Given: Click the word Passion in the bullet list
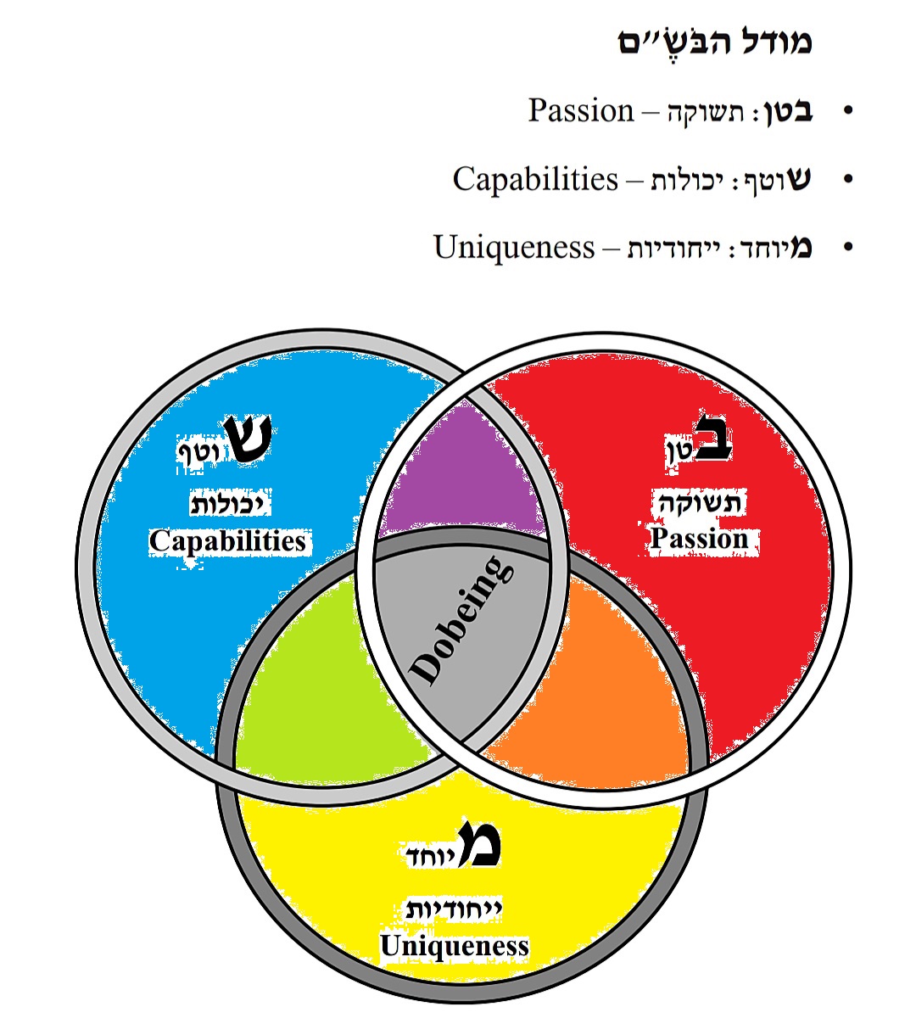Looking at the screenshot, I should [581, 111].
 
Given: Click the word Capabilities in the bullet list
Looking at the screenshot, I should [535, 180].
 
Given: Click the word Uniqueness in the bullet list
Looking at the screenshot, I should [514, 248].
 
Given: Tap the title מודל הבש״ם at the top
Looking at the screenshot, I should [715, 42].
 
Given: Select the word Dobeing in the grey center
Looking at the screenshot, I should [462, 621].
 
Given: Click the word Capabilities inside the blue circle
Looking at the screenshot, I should [227, 541].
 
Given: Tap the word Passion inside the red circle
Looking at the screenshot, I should [700, 539].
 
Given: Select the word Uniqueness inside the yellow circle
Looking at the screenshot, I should [455, 946].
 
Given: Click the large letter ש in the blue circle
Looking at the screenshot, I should [248, 439].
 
